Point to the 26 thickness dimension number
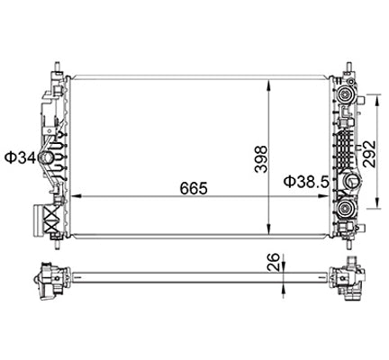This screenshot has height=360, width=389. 269,264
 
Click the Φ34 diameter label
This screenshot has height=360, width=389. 19,158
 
